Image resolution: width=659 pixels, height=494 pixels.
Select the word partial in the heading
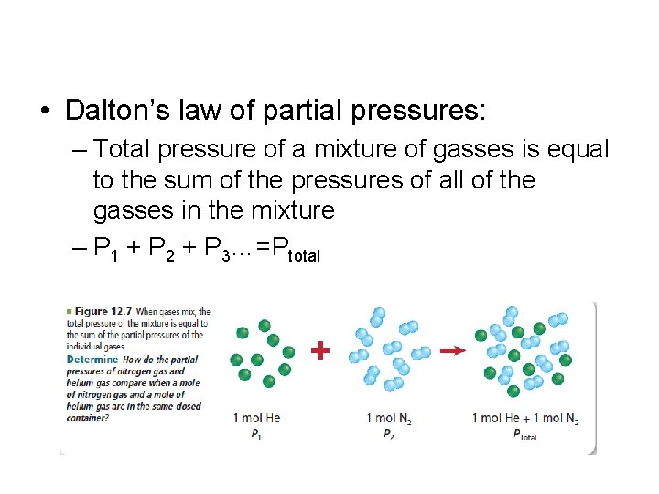pyautogui.click(x=308, y=112)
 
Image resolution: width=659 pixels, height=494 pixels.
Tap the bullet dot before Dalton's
pyautogui.click(x=44, y=113)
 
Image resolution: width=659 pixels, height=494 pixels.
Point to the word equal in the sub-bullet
pyautogui.click(x=575, y=149)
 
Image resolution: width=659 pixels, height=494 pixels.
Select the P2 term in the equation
pyautogui.click(x=167, y=252)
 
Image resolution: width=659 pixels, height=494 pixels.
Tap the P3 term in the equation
pyautogui.click(x=229, y=252)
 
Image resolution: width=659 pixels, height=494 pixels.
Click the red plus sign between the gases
pyautogui.click(x=320, y=350)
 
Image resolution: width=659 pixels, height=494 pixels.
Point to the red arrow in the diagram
pyautogui.click(x=452, y=349)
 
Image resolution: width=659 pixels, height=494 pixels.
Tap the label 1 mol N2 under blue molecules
pyautogui.click(x=388, y=419)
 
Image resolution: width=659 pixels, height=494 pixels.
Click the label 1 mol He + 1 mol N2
pyautogui.click(x=524, y=419)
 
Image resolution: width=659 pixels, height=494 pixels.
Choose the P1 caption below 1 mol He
pyautogui.click(x=255, y=435)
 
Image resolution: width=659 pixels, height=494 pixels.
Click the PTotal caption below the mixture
pyautogui.click(x=524, y=435)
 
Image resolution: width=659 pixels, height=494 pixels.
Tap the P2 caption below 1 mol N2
pyautogui.click(x=388, y=435)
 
